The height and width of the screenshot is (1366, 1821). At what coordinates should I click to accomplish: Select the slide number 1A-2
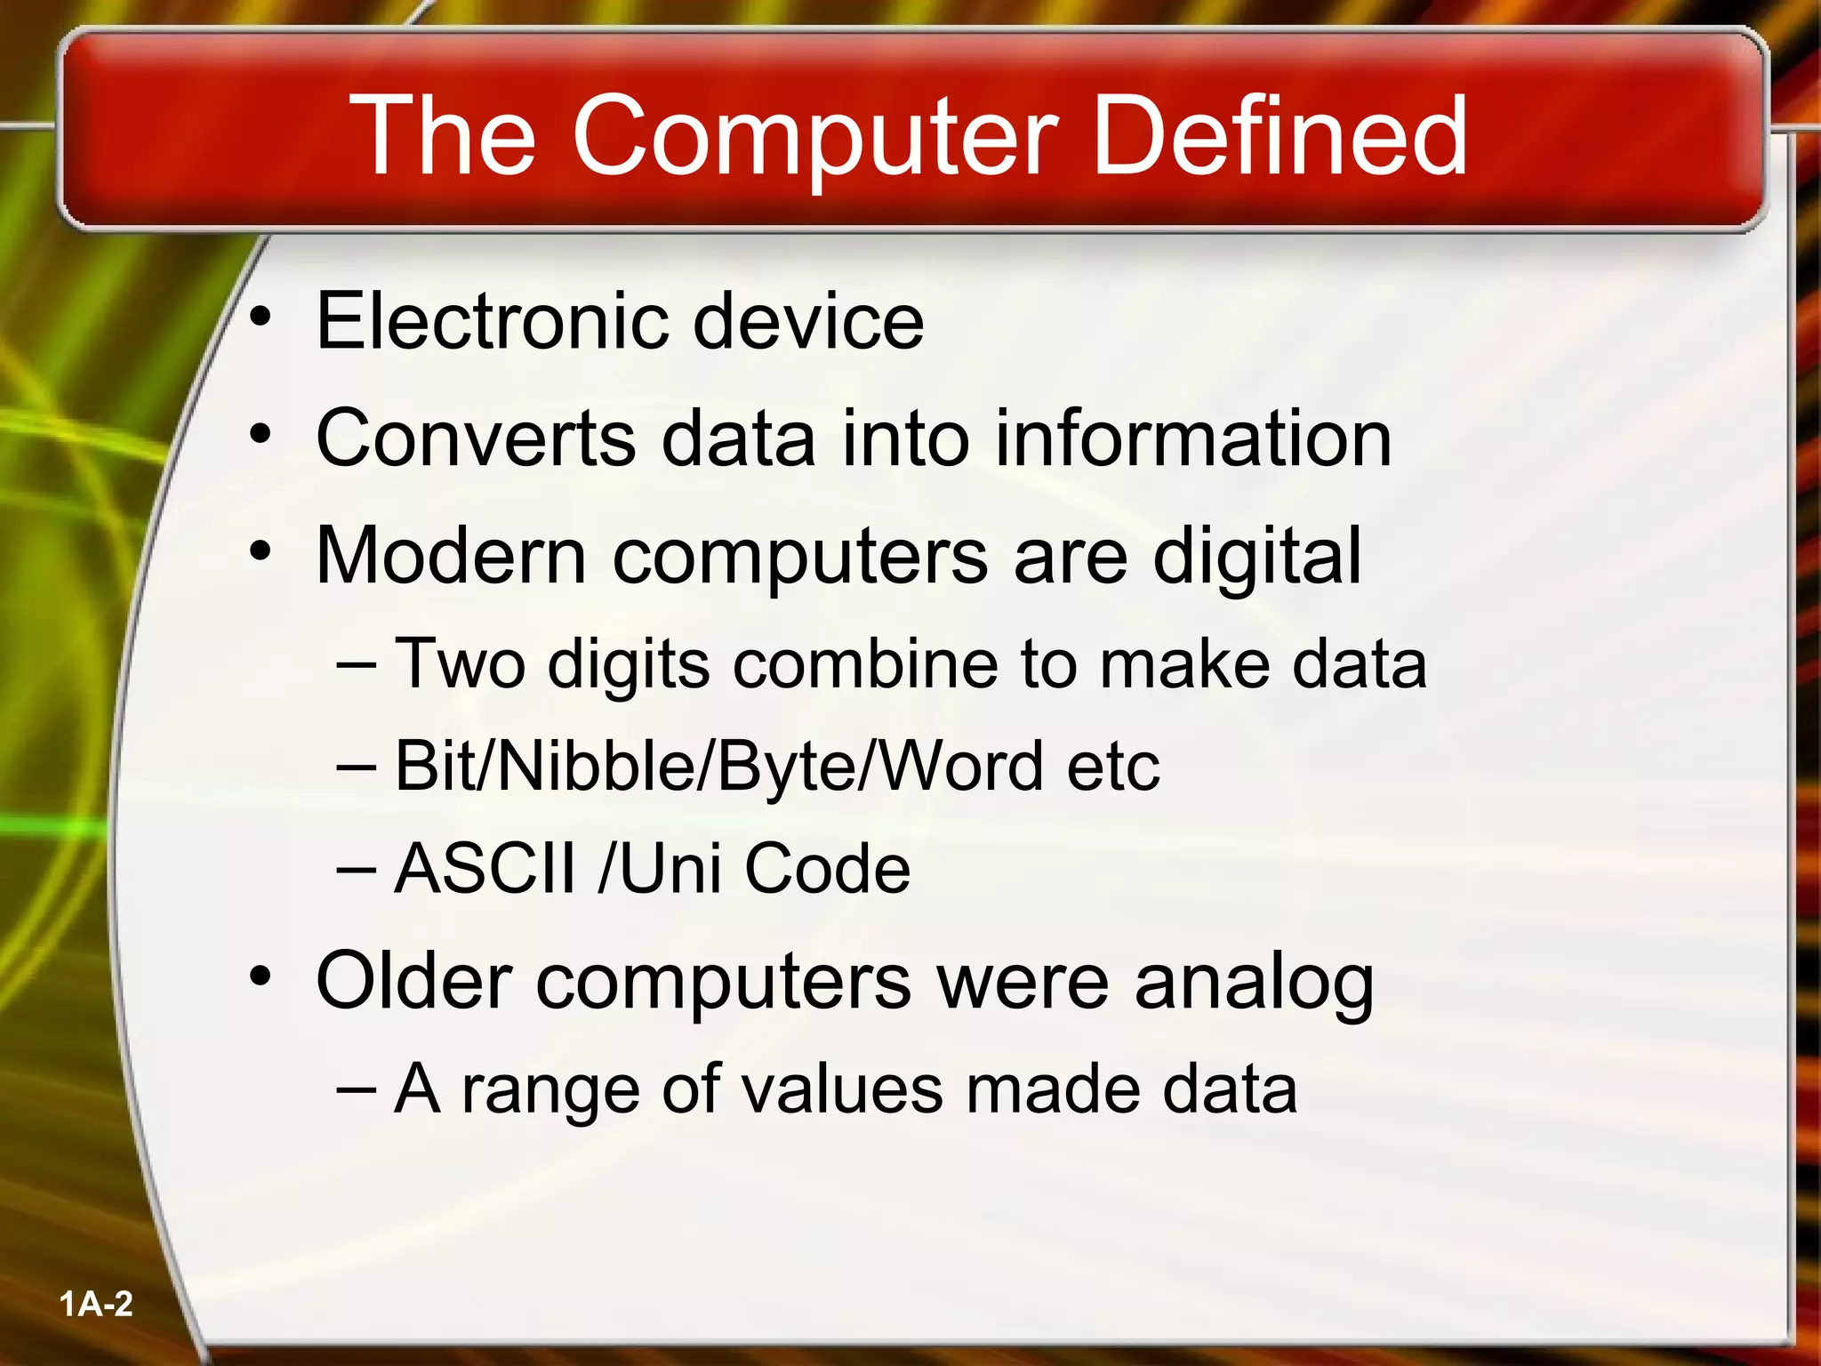tap(96, 1305)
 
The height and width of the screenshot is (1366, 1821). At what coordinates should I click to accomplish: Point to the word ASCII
tap(485, 868)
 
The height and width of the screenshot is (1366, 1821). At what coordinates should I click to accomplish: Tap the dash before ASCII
tap(357, 868)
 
